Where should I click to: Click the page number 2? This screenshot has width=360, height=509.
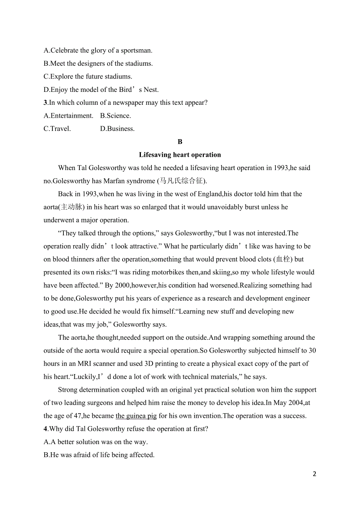tap(315, 474)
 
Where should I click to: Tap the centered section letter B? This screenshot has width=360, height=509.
tap(180, 142)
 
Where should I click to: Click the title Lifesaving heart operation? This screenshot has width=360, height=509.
tap(180, 155)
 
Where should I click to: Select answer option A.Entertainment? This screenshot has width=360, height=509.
tap(68, 116)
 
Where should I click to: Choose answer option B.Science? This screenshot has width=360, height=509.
tap(115, 116)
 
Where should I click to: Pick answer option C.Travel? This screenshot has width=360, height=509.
tap(57, 129)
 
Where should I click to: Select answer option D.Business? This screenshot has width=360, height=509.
tap(117, 129)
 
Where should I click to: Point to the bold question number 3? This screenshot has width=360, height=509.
tap(45, 103)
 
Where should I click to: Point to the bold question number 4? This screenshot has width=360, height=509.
tap(45, 429)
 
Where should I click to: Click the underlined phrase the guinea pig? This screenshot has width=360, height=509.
tap(136, 416)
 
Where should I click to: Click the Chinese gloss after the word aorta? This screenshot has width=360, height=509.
tap(72, 207)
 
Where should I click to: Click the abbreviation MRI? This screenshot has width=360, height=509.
tap(85, 364)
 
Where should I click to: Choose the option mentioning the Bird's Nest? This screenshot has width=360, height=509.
tap(101, 90)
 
